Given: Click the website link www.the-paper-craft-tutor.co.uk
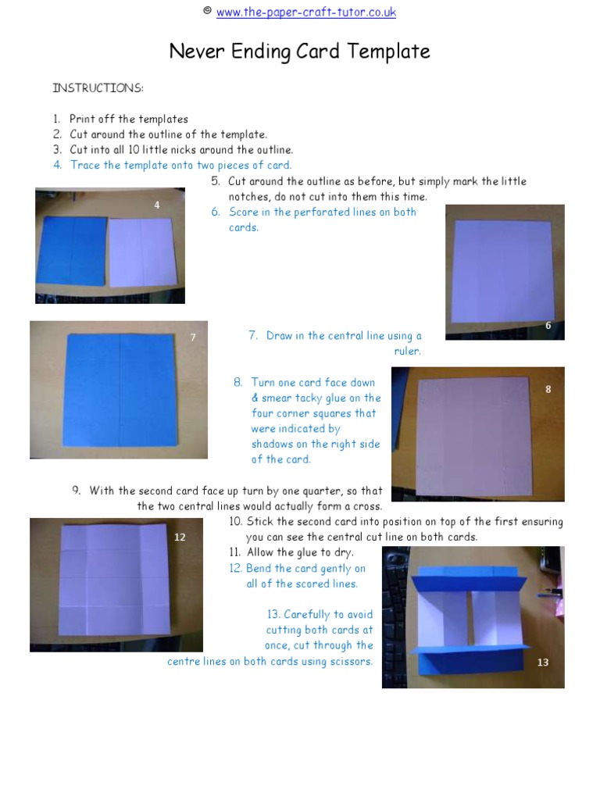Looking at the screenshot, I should (x=305, y=12).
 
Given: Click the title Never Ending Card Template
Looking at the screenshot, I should (x=300, y=52).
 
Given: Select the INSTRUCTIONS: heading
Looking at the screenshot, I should (x=98, y=88).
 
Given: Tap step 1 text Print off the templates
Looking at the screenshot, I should (x=128, y=120).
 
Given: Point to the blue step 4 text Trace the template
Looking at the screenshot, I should (x=180, y=165).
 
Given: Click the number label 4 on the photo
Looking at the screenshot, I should (x=157, y=205).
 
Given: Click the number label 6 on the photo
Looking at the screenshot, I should (x=548, y=325).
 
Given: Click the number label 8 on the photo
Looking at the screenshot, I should (x=548, y=388).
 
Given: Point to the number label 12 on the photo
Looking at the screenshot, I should (x=180, y=537).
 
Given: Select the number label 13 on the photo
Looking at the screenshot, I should (x=543, y=662).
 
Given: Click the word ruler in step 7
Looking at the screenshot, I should (x=407, y=352).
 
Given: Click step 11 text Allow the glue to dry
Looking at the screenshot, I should (x=300, y=553).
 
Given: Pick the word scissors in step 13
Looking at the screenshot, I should (x=351, y=661).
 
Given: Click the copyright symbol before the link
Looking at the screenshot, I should (x=207, y=11).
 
